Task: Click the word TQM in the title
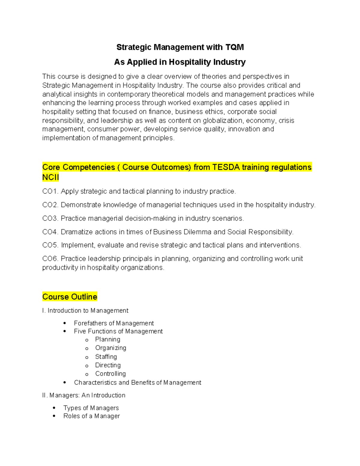pyautogui.click(x=235, y=47)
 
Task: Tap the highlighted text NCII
pyautogui.click(x=51, y=177)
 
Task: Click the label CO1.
pyautogui.click(x=50, y=191)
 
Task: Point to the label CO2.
pyautogui.click(x=50, y=205)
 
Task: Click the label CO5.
pyautogui.click(x=50, y=245)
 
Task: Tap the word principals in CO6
pyautogui.click(x=137, y=259)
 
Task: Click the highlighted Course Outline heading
pyautogui.click(x=70, y=297)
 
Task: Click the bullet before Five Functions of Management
pyautogui.click(x=65, y=331)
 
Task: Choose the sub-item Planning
pyautogui.click(x=108, y=339)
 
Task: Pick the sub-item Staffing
pyautogui.click(x=106, y=357)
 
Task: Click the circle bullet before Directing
pyautogui.click(x=87, y=366)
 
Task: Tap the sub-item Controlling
pyautogui.click(x=110, y=374)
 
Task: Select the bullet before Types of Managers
pyautogui.click(x=54, y=408)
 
